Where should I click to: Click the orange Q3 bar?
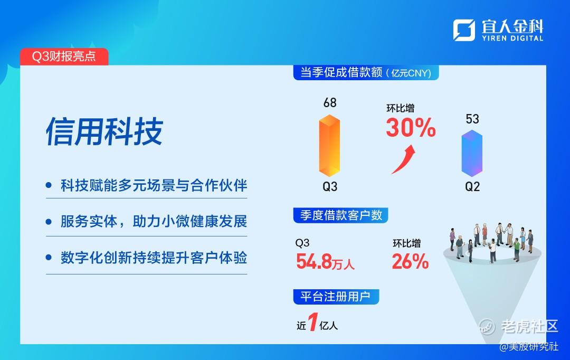329,146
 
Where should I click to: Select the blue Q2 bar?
472,154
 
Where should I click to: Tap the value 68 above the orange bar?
330,103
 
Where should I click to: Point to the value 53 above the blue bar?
472,119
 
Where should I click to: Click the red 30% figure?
411,128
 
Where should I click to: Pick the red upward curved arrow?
404,159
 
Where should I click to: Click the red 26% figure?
411,261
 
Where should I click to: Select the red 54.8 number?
314,261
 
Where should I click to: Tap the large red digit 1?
312,322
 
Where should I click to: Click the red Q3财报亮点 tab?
64,56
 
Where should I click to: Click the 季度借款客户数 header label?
340,215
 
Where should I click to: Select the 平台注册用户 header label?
336,297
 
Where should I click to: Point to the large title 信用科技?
104,131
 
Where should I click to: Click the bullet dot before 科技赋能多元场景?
49,185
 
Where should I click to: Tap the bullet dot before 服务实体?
49,222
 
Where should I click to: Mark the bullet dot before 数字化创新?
49,258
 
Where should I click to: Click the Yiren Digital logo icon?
464,30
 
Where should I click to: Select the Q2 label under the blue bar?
472,186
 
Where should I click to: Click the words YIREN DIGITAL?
512,38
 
